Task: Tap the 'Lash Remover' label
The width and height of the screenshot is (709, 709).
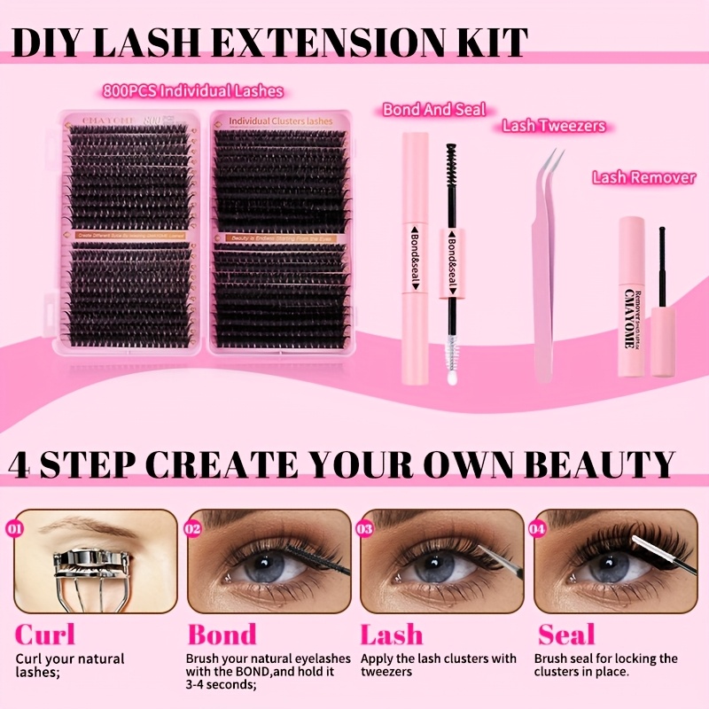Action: [x=643, y=177]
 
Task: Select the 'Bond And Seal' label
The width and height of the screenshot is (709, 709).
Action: [x=434, y=110]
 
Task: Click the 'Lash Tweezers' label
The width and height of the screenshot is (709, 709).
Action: [x=554, y=126]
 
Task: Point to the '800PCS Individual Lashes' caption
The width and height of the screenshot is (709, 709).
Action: [x=192, y=90]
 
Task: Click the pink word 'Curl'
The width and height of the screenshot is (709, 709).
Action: [x=45, y=635]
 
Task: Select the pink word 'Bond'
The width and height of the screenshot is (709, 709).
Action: [x=222, y=635]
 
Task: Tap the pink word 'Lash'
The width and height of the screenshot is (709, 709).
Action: [x=391, y=635]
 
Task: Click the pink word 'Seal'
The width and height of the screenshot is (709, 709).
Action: [x=567, y=635]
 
